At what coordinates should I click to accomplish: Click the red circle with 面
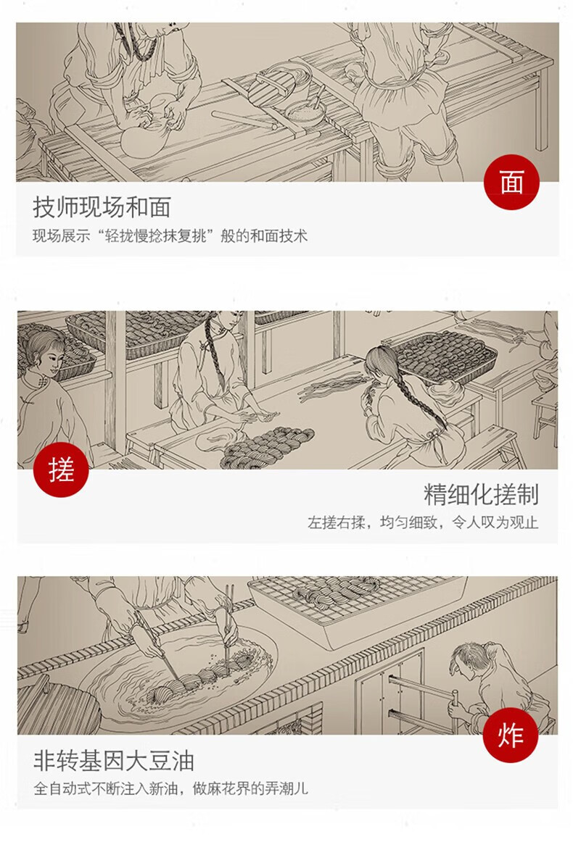click(x=511, y=182)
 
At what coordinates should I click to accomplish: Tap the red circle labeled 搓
click(x=61, y=470)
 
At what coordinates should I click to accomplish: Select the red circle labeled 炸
click(x=510, y=735)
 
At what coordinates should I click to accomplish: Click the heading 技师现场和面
click(x=102, y=207)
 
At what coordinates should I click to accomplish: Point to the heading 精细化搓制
click(x=481, y=494)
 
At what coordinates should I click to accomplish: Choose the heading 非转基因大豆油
click(x=113, y=760)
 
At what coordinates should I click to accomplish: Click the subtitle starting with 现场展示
click(x=170, y=235)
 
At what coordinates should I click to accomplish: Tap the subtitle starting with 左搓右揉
click(x=423, y=522)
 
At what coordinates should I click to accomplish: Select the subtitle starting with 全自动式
click(x=170, y=788)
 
